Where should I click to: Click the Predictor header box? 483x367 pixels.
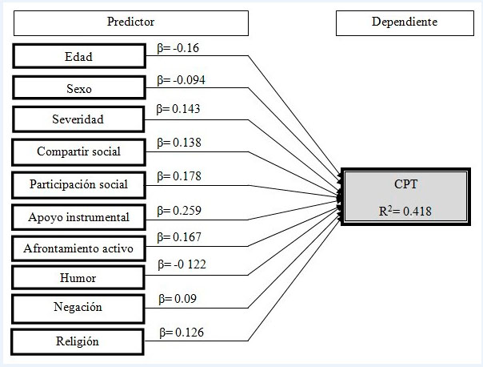(x=130, y=22)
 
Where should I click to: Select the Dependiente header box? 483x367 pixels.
(x=404, y=22)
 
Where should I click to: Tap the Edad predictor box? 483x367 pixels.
(x=78, y=57)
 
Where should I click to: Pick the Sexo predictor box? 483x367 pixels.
(x=78, y=88)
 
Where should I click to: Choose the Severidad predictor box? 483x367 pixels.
(x=78, y=120)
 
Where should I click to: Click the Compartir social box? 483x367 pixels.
(x=78, y=151)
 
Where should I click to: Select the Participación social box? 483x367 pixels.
(x=78, y=184)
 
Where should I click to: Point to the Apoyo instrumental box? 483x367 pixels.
(x=78, y=216)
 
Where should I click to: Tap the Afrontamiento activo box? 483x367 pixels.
(x=78, y=248)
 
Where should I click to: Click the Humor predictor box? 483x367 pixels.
(x=78, y=278)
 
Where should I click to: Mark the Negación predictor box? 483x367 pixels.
(x=78, y=308)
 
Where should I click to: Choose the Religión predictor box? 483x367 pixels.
(x=78, y=341)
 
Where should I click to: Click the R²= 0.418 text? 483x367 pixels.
(x=406, y=211)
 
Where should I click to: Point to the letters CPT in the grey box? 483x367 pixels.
(x=406, y=183)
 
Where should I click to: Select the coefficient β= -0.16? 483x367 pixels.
(x=178, y=48)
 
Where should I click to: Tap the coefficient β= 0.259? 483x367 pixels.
(x=178, y=211)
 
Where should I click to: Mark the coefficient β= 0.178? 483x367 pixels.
(x=178, y=176)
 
